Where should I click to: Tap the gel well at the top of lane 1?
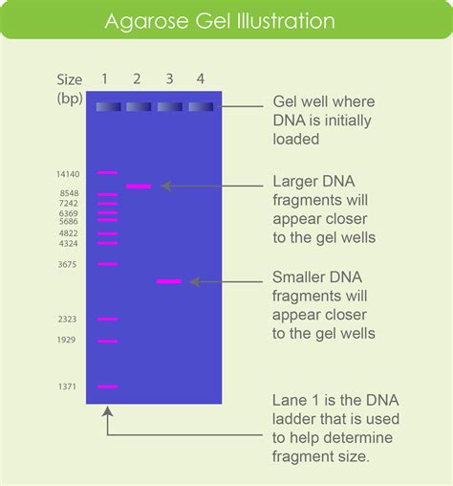point(107,106)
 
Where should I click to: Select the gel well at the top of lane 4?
point(200,106)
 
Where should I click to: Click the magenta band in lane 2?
point(139,187)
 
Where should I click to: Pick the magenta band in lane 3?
point(169,281)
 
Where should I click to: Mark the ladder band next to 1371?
point(107,387)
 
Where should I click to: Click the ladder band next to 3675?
point(107,264)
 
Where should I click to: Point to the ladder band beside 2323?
point(107,319)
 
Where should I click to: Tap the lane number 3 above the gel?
point(169,79)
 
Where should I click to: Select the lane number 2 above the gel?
point(138,79)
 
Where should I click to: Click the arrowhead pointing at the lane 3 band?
point(195,281)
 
